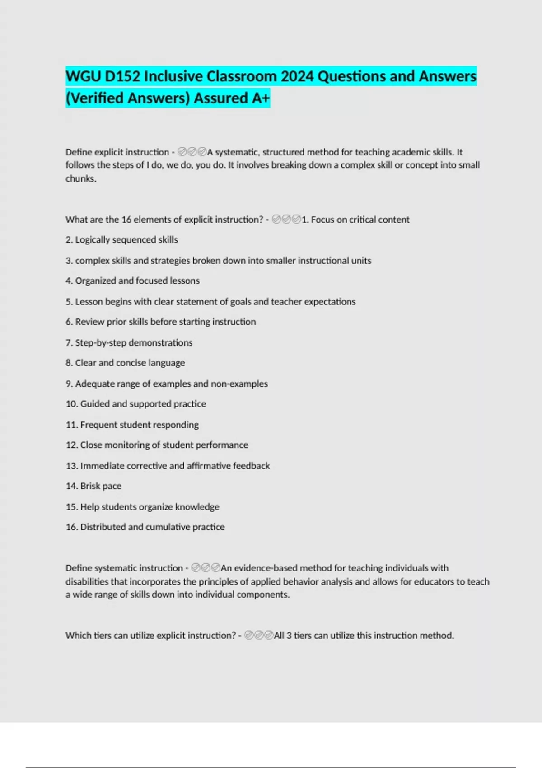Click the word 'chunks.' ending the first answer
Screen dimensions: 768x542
[81, 178]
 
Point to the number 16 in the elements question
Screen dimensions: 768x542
[126, 220]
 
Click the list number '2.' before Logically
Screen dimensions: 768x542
[69, 240]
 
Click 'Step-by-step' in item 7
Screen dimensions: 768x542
[101, 343]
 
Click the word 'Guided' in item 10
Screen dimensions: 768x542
[95, 404]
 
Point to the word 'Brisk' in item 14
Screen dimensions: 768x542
[90, 486]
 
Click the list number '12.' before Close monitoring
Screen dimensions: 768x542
[72, 445]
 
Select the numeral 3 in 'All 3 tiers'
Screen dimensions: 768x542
[289, 636]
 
